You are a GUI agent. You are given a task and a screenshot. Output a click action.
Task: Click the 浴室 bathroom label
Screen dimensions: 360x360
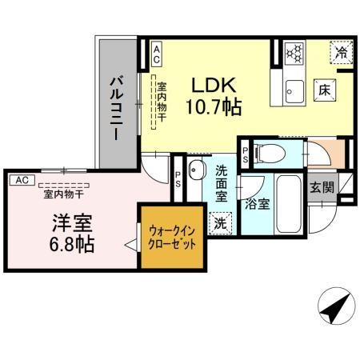point(258,203)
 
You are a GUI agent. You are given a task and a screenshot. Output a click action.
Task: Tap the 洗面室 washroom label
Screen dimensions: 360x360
point(222,183)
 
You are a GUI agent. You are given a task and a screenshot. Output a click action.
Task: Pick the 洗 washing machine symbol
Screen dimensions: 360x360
point(218,223)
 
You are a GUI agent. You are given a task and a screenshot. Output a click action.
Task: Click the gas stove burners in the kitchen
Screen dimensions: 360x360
point(295,54)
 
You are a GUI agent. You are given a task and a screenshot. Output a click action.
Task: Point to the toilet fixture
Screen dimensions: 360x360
point(270,151)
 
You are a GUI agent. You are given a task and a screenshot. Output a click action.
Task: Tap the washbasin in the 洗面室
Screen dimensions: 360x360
point(198,170)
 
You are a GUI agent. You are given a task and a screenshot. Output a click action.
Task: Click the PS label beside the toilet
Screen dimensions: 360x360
point(246,152)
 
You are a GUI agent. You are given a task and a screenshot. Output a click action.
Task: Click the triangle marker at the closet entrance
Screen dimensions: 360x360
point(129,247)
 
